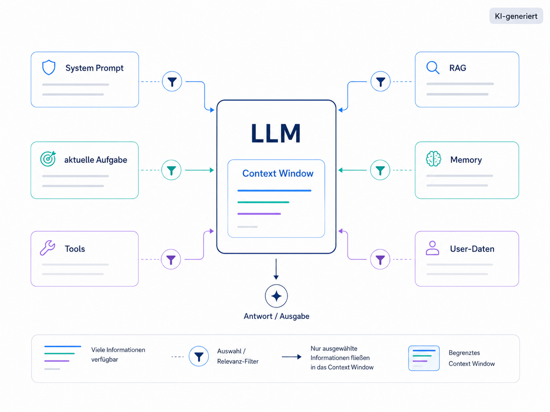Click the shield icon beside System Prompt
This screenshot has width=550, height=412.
(x=49, y=67)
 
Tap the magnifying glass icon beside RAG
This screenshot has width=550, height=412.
(x=433, y=68)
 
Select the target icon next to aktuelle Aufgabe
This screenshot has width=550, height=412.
(x=48, y=159)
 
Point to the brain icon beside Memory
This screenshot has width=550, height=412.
(x=433, y=159)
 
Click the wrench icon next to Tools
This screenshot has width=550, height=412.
(x=47, y=248)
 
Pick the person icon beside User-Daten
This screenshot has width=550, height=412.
(x=432, y=248)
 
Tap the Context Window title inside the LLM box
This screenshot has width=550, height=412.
(x=278, y=173)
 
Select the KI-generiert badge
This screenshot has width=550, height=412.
(x=516, y=16)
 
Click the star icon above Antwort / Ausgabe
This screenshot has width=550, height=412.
(x=276, y=296)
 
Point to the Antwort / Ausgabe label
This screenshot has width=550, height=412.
(x=277, y=316)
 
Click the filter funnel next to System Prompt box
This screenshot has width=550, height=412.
(x=172, y=82)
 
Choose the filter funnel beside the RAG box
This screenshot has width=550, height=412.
(x=380, y=82)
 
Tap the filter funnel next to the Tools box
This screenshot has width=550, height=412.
(x=171, y=259)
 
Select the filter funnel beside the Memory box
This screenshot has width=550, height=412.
(x=380, y=170)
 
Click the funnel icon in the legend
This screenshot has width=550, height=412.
(x=199, y=356)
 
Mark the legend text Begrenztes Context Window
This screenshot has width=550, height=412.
(x=472, y=358)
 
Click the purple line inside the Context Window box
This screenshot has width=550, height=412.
(x=259, y=214)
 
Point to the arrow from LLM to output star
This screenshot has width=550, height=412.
(x=276, y=269)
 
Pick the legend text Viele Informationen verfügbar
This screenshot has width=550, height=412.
(x=118, y=354)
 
